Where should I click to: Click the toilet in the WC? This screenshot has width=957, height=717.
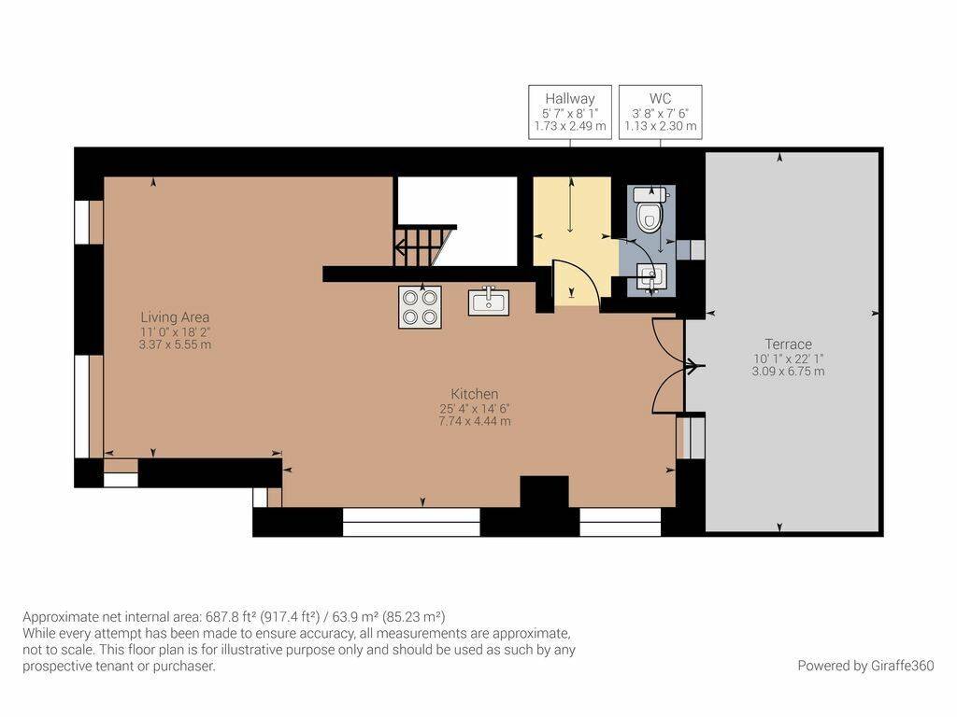649,210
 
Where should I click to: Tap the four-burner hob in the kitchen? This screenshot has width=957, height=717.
420,306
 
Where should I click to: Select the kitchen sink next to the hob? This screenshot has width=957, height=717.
488,302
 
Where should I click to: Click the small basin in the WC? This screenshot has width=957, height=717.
651,278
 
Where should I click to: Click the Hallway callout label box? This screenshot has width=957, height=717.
570,112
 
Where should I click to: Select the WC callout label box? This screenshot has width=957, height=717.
661,112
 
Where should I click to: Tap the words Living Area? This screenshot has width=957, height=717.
175,317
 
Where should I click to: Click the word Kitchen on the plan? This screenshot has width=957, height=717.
475,394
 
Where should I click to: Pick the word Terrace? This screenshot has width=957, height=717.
789,344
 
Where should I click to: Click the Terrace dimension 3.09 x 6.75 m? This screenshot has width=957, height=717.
789,372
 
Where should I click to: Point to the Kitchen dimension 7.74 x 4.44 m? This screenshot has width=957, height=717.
475,421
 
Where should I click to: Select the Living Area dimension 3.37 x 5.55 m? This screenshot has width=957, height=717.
175,344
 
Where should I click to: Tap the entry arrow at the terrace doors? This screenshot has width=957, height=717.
694,366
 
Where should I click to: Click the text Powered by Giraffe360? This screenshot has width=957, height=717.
865,666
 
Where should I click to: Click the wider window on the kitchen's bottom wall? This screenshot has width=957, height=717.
411,522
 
